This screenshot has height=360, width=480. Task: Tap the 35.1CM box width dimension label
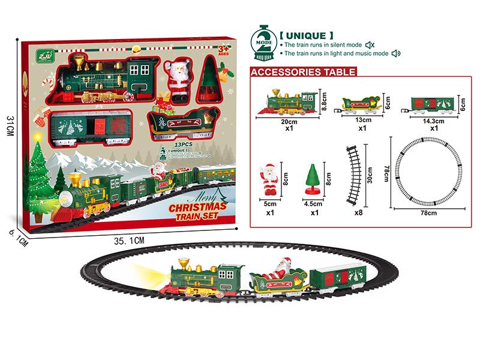click(x=129, y=240)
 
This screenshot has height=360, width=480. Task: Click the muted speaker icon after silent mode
click(x=370, y=45)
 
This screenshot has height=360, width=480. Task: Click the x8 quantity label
click(x=358, y=212)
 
